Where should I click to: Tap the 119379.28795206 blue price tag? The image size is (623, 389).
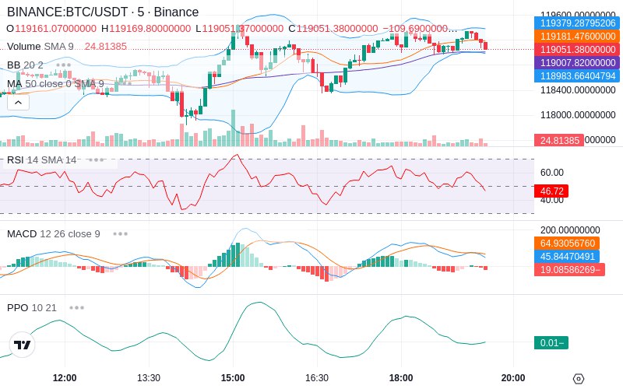point(577,23)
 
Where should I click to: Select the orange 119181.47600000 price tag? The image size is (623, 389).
point(577,37)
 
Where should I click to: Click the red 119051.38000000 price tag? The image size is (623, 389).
point(577,49)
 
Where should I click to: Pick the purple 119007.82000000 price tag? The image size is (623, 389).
point(577,62)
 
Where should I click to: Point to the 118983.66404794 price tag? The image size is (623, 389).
point(577,75)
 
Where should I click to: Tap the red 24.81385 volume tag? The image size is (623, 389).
point(558,140)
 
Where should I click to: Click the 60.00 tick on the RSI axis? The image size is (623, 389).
point(552,173)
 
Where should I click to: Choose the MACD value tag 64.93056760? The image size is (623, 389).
point(577,244)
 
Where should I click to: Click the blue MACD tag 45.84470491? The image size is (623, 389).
point(567,257)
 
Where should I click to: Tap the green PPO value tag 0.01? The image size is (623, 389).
point(551,343)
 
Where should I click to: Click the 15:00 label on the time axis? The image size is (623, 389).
point(233,378)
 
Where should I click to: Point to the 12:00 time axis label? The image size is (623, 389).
point(65,378)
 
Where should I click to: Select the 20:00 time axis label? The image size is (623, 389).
point(513,378)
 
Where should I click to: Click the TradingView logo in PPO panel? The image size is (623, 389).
point(23,345)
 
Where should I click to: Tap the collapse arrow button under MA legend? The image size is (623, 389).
point(18,102)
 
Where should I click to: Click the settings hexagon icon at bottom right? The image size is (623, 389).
point(578,379)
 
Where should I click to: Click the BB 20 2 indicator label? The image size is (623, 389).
point(25,65)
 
